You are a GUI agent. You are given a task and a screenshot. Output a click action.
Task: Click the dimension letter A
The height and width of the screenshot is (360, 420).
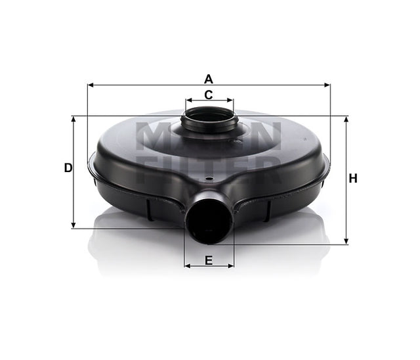(209, 79)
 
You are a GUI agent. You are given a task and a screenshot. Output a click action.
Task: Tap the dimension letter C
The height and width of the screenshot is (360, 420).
(209, 95)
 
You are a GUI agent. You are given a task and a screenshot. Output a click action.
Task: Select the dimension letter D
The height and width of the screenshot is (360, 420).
(68, 168)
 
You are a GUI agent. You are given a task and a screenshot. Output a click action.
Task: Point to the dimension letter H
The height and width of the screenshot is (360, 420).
(353, 178)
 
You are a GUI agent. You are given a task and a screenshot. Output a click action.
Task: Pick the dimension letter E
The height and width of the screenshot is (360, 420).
(209, 260)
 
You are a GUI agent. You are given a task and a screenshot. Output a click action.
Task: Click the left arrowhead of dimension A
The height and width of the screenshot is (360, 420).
(91, 85)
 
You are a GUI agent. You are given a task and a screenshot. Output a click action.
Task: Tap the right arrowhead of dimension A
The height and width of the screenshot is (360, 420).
(327, 85)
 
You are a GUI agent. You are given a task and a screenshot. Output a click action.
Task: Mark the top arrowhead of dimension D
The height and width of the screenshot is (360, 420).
(73, 120)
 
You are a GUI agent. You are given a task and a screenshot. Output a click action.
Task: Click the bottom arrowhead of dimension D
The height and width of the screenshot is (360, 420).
(73, 225)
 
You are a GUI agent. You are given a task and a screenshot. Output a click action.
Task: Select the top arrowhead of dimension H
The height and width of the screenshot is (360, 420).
(346, 120)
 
